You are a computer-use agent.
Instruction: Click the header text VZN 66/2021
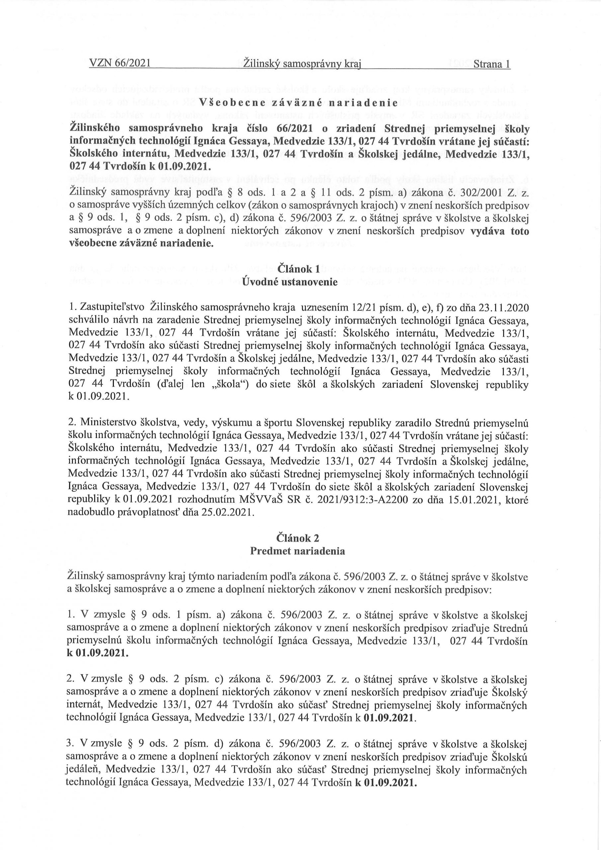pos(120,64)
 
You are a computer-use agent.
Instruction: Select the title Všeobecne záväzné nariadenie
pos(298,103)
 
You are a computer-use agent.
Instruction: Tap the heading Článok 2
pos(298,538)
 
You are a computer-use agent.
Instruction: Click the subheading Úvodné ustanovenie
pos(290,282)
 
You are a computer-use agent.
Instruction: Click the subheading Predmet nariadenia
pos(298,551)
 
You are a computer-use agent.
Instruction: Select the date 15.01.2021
pos(467,500)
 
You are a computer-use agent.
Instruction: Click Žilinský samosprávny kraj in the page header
pos(302,64)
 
